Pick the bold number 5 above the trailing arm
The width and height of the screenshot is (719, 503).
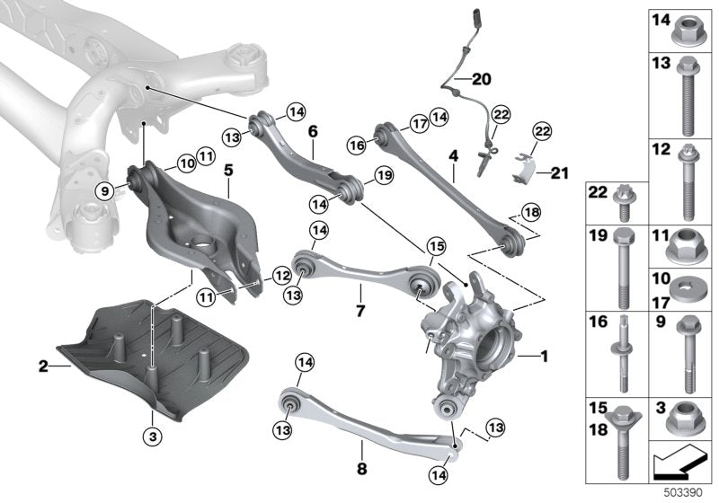click(x=228, y=168)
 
